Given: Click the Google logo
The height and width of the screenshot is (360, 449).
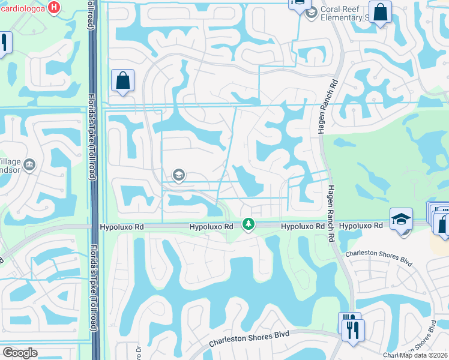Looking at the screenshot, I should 20,353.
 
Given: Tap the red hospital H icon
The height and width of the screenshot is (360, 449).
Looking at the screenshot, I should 55,8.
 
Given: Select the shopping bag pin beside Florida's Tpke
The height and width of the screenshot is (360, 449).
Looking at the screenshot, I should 122,80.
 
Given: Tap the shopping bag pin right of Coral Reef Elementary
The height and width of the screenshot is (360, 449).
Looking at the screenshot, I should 380,12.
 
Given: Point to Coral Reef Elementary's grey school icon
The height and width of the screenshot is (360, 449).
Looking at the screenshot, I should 311,13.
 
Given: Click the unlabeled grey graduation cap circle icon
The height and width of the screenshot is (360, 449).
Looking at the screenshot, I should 178,175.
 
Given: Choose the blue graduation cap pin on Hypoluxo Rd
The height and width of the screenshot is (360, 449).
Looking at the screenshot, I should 401,219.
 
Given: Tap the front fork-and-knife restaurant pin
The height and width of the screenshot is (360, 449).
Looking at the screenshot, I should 353,329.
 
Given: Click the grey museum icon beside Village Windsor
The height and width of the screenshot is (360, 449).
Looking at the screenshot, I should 31,165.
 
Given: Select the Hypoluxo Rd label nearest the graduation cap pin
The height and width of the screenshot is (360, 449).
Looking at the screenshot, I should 361,226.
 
